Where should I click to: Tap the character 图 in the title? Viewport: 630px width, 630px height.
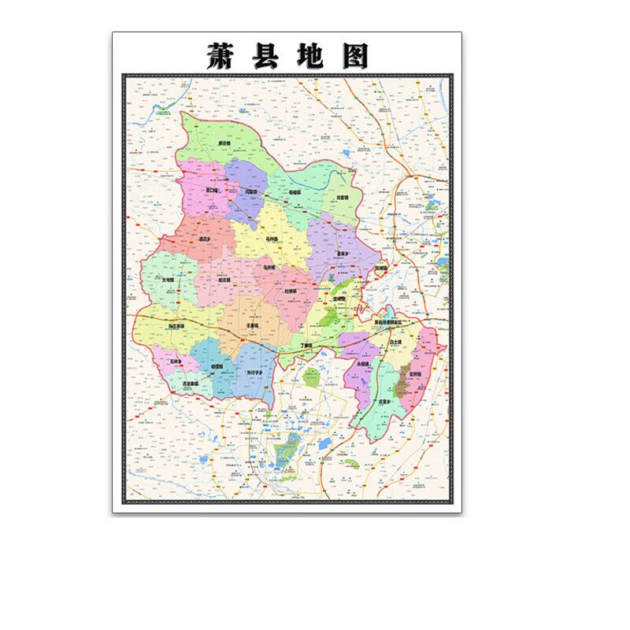coord(352,54)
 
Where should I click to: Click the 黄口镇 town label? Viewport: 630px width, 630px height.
coord(212,190)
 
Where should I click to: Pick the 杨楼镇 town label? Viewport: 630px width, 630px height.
coord(295,191)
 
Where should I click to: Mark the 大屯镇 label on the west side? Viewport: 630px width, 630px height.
coord(169,279)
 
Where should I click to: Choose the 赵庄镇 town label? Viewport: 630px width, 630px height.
coord(224,280)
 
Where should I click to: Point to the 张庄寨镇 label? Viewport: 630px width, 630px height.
coord(176,326)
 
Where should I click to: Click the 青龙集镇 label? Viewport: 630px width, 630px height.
coord(189,384)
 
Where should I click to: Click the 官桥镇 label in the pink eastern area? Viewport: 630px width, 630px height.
coord(414,374)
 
